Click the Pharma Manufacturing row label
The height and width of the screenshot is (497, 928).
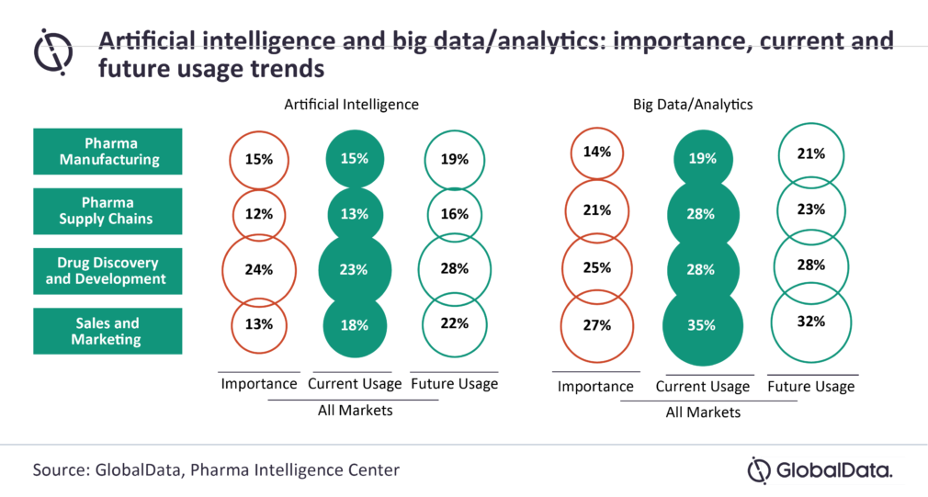click(x=108, y=152)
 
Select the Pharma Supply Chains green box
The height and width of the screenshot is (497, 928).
click(x=108, y=211)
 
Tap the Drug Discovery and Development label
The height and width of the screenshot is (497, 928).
click(x=108, y=271)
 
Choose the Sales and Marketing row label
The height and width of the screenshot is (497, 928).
click(x=108, y=331)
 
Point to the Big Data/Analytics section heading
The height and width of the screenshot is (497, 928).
click(x=693, y=105)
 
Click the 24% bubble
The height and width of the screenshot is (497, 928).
click(x=259, y=270)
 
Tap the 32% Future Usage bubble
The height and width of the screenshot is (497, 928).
click(x=811, y=322)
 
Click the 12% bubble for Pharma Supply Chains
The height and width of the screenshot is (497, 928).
click(x=259, y=214)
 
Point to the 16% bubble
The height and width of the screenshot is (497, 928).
click(x=454, y=214)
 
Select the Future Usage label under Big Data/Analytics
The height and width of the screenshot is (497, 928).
click(x=811, y=387)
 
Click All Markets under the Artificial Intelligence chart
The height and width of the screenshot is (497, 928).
click(x=355, y=411)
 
